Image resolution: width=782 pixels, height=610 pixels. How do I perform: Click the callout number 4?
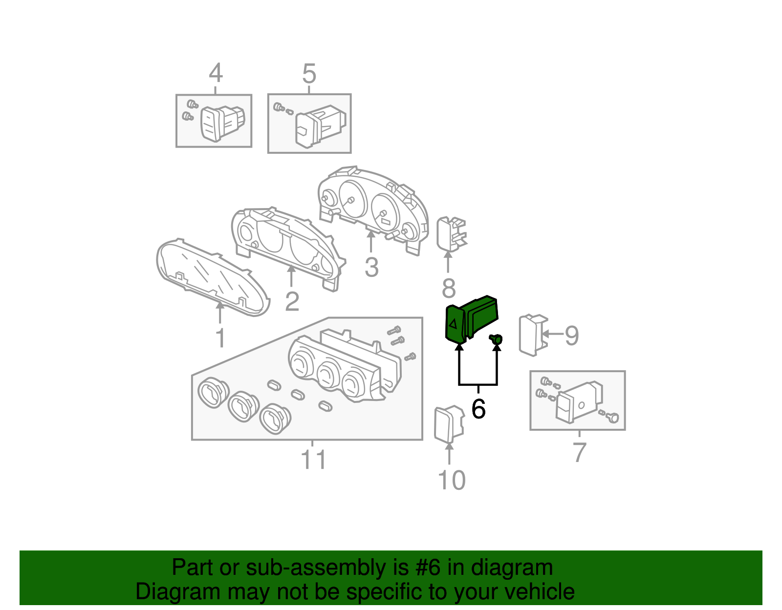[216, 74]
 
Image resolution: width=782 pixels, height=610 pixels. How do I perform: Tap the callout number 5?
[309, 74]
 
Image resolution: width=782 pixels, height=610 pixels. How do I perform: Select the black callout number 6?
[478, 408]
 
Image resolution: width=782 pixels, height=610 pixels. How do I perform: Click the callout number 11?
[313, 460]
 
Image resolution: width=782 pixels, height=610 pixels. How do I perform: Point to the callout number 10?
[452, 481]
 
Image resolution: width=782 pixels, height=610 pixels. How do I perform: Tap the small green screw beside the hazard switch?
[497, 338]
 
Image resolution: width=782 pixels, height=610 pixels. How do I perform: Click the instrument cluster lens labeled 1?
[213, 277]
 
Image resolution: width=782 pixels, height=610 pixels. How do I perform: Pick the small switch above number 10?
[448, 424]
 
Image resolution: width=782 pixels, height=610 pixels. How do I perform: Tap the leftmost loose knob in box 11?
[213, 392]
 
